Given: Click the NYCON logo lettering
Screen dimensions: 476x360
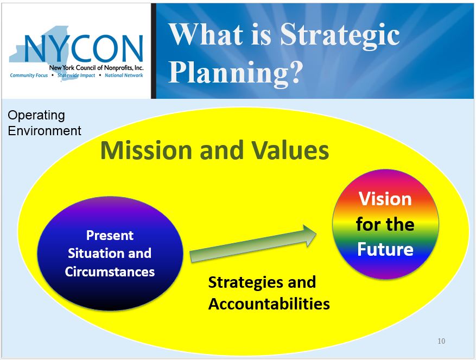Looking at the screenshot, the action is (83, 48).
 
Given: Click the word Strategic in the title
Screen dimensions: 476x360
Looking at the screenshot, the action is (340, 35).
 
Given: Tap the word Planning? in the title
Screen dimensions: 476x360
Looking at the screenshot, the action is (236, 73).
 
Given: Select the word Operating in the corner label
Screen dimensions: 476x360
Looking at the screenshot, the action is (36, 116).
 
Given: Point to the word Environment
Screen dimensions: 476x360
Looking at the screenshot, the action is (45, 131).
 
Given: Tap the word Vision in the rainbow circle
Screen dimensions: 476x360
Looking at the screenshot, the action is (385, 199).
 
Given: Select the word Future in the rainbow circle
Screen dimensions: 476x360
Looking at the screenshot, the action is (385, 249).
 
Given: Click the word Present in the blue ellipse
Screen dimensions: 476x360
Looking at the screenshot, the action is (110, 236).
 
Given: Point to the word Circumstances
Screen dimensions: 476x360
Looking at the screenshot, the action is (110, 271).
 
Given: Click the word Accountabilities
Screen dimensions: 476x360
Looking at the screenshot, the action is (269, 304).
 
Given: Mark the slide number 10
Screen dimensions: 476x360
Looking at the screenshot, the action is (441, 341).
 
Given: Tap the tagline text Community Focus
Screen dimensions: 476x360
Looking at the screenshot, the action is (29, 75).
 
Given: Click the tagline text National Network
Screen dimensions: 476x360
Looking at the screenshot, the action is (124, 75).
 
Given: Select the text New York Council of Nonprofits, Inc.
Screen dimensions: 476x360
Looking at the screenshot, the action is (96, 68).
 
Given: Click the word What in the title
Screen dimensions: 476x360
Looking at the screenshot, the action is (206, 34).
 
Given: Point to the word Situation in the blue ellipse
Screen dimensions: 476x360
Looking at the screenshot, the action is (93, 254).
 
